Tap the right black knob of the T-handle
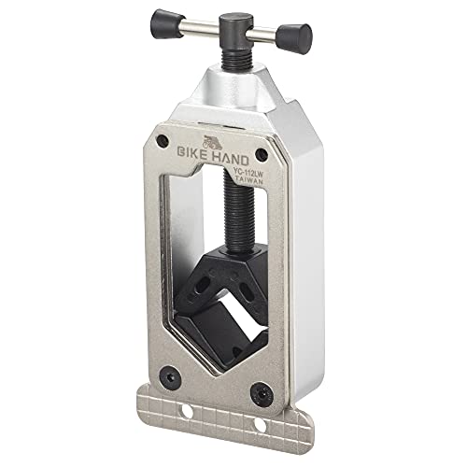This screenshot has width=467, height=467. point(294,38)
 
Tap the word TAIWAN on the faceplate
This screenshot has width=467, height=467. point(250,180)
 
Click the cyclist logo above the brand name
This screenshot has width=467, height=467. point(213,143)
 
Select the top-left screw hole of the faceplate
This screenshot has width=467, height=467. point(163,141)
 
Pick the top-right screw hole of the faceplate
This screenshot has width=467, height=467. point(262,154)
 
